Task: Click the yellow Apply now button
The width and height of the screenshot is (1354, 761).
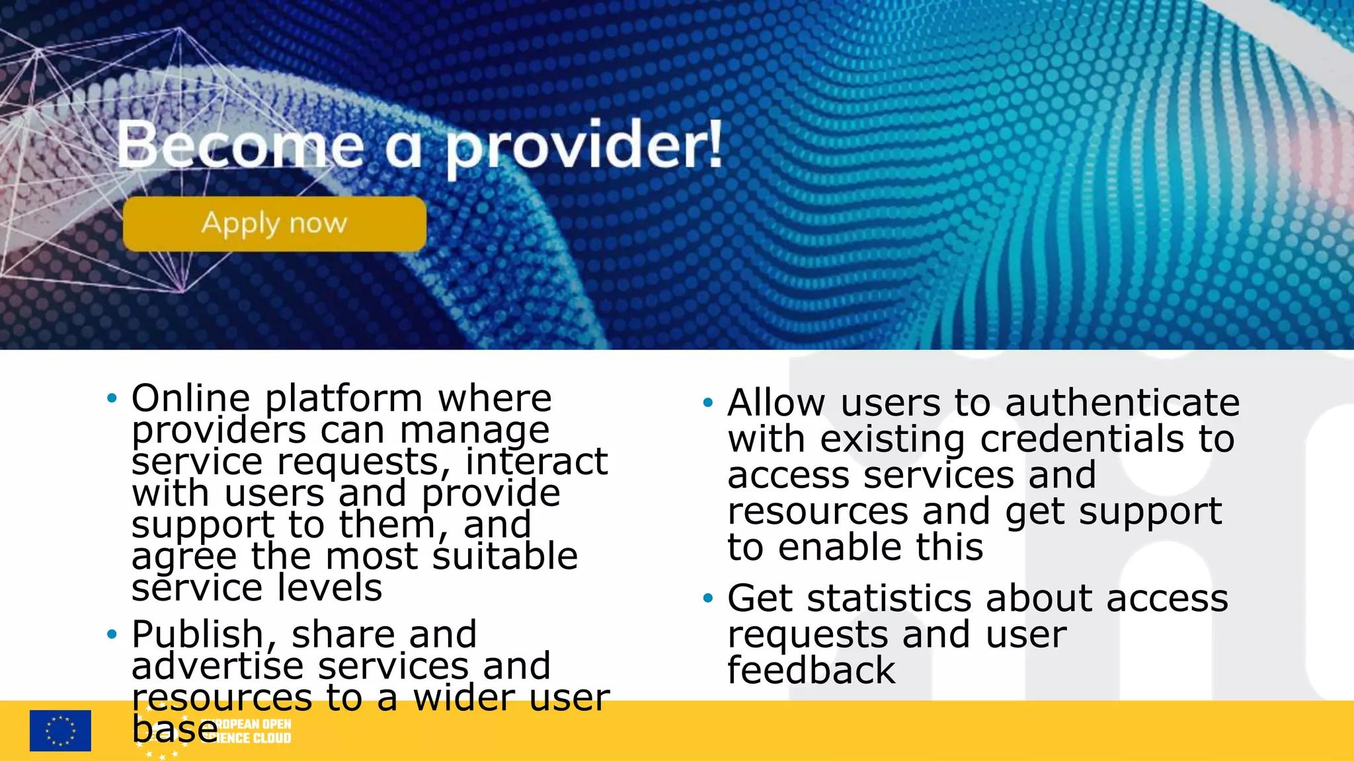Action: (274, 224)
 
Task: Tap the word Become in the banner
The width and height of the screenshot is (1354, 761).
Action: (241, 145)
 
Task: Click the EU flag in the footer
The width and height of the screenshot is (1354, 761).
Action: (60, 731)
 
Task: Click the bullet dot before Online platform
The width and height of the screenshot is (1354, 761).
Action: (112, 398)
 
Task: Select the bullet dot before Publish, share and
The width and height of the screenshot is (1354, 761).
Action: (112, 635)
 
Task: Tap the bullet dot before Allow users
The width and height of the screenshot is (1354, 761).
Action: (708, 402)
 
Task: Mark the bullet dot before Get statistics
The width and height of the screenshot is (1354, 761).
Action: (708, 598)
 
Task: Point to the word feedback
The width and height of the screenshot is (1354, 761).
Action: (811, 670)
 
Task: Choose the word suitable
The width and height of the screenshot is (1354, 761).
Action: (505, 556)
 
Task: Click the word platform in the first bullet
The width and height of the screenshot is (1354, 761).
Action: (343, 398)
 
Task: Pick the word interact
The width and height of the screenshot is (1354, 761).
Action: (536, 461)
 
